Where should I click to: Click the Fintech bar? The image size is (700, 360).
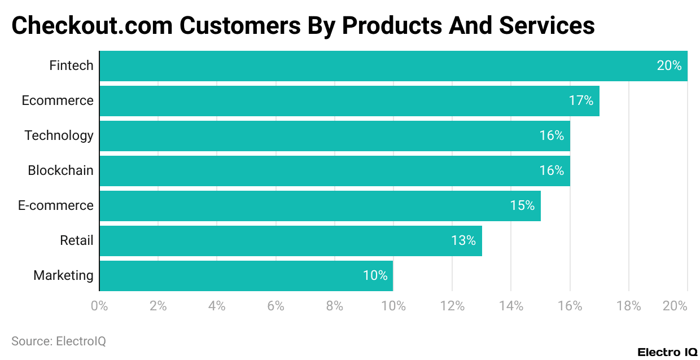coord(393,66)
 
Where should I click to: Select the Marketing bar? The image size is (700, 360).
coord(246,276)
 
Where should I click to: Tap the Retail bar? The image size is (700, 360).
coord(291,241)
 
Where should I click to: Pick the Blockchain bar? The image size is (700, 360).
coord(335,171)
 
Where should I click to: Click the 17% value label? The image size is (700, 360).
coord(581,101)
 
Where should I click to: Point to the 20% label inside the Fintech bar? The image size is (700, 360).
coord(669,66)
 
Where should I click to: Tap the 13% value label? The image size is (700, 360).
coord(463,241)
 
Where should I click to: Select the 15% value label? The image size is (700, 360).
coord(522,206)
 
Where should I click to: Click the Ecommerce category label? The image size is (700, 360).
coord(58,101)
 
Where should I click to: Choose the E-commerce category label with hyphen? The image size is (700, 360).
coord(56,206)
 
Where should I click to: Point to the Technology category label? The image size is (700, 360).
coord(59,136)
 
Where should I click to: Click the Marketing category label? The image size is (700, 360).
coord(63,276)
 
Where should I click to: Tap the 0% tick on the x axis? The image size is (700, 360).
coord(99,306)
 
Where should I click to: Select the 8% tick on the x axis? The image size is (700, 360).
coord(335,306)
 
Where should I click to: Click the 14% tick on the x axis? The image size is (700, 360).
coord(511,306)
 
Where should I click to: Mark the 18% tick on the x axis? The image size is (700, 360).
coord(629,306)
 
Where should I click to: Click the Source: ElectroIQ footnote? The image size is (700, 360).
coord(59,341)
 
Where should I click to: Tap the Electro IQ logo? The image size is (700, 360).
coord(667,352)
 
